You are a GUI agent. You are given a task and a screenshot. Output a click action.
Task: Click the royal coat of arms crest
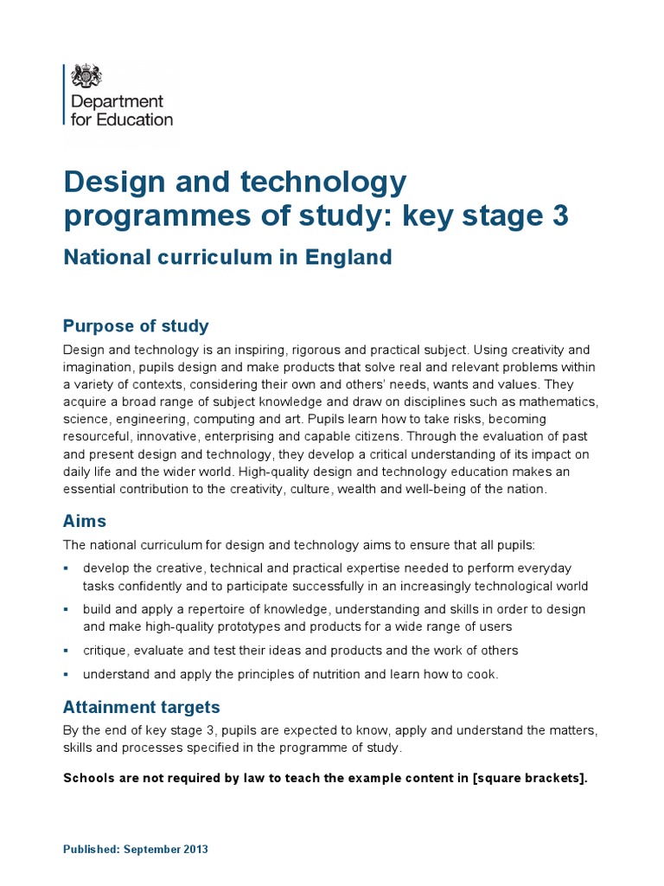[x=86, y=76]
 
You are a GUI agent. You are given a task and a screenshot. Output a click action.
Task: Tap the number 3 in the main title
[x=559, y=215]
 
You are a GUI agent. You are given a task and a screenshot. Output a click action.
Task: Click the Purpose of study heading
[x=136, y=326]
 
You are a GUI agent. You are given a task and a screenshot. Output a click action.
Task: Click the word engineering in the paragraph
[x=149, y=420]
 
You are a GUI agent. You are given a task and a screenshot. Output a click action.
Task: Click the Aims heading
[x=85, y=521]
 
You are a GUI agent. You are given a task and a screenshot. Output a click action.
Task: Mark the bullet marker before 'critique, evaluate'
[x=67, y=650]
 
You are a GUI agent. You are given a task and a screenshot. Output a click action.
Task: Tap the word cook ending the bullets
[x=482, y=674]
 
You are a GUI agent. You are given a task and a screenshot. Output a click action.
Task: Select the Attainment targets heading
[x=142, y=707]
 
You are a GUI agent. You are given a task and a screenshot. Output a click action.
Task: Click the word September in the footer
[x=152, y=849]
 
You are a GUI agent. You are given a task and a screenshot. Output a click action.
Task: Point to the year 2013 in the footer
[x=195, y=849]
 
